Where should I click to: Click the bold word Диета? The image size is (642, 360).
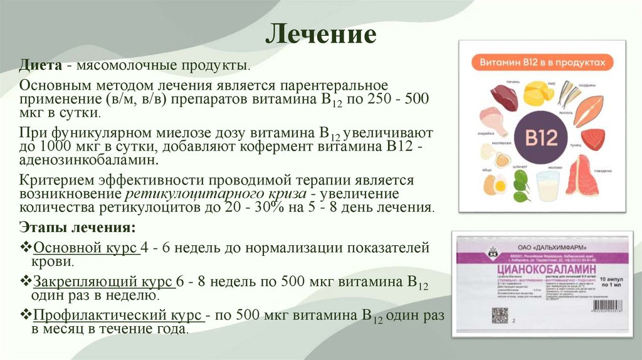tap(39, 66)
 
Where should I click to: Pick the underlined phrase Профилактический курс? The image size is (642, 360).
tap(117, 314)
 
